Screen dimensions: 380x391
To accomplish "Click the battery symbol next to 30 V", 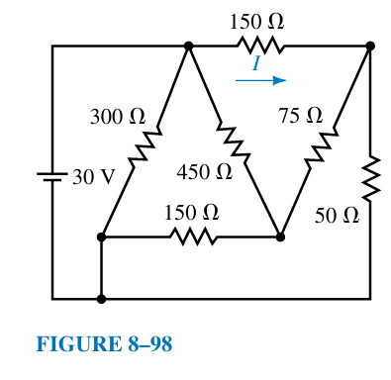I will tap(51, 178).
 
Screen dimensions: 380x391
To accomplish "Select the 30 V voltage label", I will tap(94, 178).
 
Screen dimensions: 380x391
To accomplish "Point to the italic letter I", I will tap(255, 63).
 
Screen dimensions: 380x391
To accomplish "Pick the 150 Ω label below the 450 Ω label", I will tap(191, 212).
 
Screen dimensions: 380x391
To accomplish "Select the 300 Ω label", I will tap(117, 116).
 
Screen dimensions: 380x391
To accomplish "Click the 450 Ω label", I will tap(205, 172).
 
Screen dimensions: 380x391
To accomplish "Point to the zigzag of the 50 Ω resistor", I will tap(370, 176).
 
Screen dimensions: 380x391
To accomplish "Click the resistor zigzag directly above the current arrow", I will tap(260, 46).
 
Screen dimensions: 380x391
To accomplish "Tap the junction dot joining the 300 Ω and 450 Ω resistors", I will tap(188, 46).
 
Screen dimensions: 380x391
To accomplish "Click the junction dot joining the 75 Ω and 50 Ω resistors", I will tap(370, 46).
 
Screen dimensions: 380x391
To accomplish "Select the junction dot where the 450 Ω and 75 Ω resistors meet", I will tap(280, 237).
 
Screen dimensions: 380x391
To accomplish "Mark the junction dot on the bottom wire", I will tap(101, 298).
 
